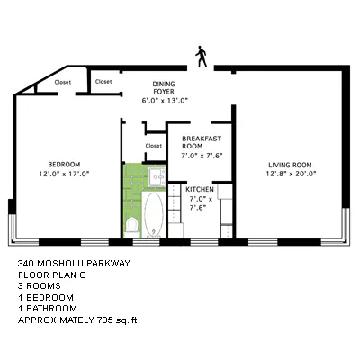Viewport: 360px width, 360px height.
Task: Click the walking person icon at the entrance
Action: (x=201, y=58)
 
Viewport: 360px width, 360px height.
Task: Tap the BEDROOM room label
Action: (x=66, y=163)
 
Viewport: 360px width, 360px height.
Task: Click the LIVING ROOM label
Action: (x=289, y=164)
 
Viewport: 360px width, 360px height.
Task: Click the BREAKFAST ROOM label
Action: (x=201, y=142)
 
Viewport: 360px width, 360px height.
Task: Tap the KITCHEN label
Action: (x=201, y=189)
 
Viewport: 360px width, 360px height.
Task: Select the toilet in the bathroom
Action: (x=131, y=224)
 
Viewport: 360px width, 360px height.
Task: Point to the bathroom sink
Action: (x=154, y=175)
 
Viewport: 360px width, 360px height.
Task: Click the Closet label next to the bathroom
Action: (x=154, y=146)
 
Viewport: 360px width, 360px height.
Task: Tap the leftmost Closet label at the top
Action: (x=63, y=82)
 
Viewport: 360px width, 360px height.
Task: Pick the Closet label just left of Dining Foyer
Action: (x=103, y=82)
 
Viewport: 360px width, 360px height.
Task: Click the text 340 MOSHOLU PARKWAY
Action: (x=74, y=264)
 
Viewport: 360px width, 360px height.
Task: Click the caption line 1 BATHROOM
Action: (x=53, y=309)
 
